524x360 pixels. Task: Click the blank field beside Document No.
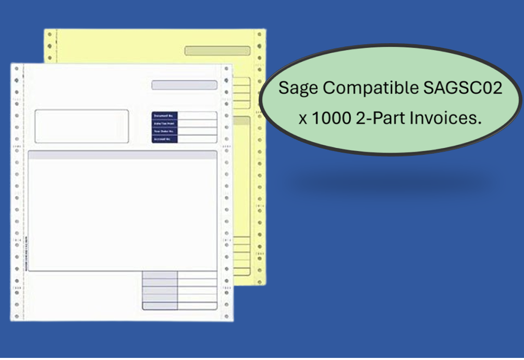198,116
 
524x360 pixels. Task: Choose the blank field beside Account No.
198,139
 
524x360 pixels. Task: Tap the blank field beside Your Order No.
198,131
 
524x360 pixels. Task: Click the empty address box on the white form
81,126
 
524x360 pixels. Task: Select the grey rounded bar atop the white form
184,85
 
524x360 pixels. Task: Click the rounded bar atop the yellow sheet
217,51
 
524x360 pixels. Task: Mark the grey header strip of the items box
122,155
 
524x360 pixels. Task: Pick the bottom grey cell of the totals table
160,306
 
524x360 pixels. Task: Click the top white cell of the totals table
197,275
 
